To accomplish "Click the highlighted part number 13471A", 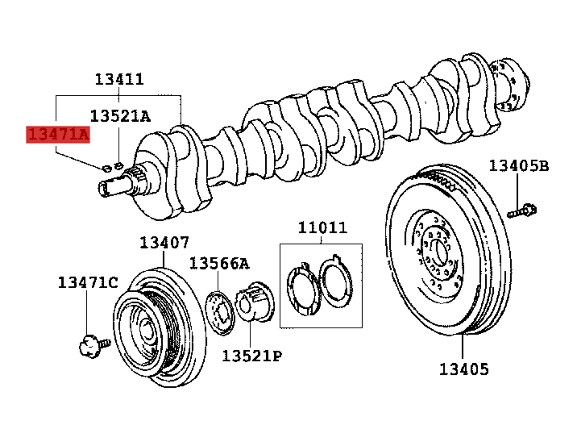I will (x=58, y=134).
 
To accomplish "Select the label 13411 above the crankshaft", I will (x=119, y=79).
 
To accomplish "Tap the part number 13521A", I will (x=120, y=116).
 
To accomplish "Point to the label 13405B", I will (x=519, y=166).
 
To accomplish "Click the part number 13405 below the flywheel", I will (x=463, y=369).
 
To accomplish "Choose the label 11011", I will (x=322, y=228).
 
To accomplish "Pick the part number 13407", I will (x=164, y=243).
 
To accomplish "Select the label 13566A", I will (x=219, y=264).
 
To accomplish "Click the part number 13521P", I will (x=252, y=356).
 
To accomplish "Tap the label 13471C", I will (x=88, y=283).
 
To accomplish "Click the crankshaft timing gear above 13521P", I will (x=255, y=301).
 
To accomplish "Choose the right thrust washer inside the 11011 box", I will (x=336, y=282).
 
